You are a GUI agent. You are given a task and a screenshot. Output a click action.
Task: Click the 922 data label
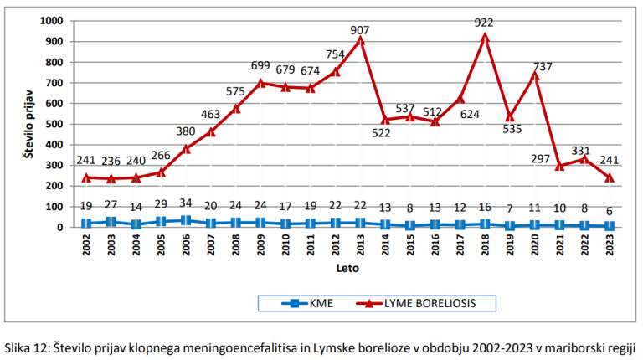(x=484, y=22)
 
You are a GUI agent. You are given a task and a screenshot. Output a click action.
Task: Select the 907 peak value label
(x=361, y=29)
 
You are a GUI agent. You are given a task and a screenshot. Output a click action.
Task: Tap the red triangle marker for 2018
(x=485, y=37)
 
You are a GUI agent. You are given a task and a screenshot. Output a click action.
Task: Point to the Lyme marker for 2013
(x=361, y=40)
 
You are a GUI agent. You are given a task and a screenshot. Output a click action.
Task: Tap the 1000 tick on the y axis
(x=51, y=21)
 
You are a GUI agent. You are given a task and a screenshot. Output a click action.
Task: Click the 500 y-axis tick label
(x=54, y=124)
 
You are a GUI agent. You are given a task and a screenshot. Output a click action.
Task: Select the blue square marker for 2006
(x=185, y=220)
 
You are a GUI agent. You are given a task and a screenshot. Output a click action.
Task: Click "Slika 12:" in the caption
(x=32, y=345)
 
